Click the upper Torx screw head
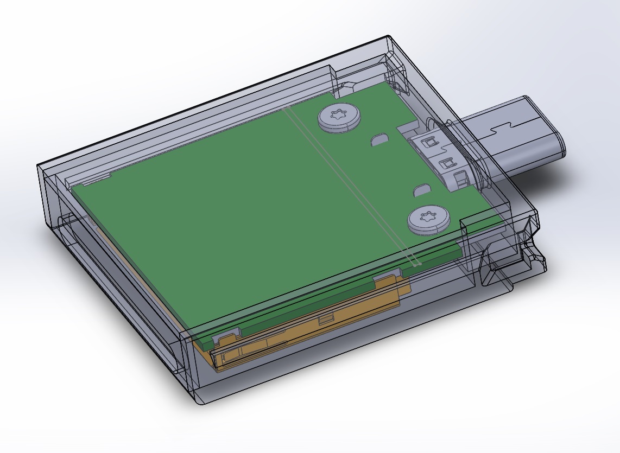(x=339, y=118)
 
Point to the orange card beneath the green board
(x=304, y=331)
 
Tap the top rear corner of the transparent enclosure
(x=389, y=37)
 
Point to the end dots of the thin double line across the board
(x=415, y=264)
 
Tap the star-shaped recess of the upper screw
(x=339, y=116)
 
